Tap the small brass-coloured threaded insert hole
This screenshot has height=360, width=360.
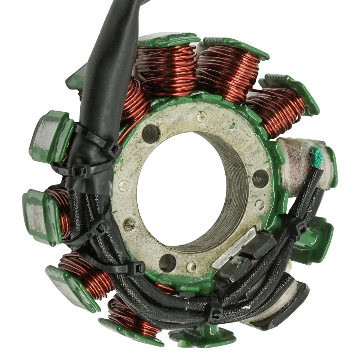pos(129,224)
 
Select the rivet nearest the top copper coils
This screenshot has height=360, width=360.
pos(202,117)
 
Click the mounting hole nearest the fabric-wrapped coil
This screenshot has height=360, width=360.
pos(260,178)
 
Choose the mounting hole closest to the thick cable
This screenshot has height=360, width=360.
pos(151,134)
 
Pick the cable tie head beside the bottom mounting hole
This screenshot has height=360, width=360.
pos(137,268)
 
